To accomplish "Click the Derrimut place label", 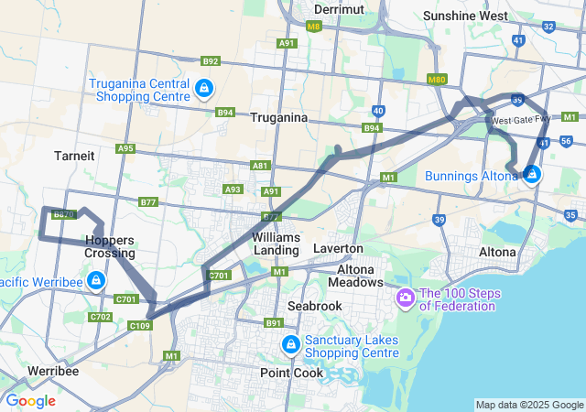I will pyautogui.click(x=340, y=8).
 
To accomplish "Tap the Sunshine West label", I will pyautogui.click(x=466, y=16).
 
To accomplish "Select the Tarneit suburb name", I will pyautogui.click(x=74, y=156).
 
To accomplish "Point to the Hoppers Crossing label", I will pyautogui.click(x=110, y=246).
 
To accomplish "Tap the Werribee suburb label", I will pyautogui.click(x=52, y=371).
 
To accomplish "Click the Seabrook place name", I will pyautogui.click(x=314, y=305).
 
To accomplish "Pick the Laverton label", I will pyautogui.click(x=338, y=248).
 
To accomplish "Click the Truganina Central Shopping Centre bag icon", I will pyautogui.click(x=204, y=90).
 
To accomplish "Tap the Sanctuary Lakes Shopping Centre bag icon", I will pyautogui.click(x=290, y=344).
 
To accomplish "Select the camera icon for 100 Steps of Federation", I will pyautogui.click(x=405, y=298).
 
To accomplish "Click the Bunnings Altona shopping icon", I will pyautogui.click(x=532, y=174).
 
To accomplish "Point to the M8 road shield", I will pyautogui.click(x=314, y=27).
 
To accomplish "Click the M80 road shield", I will pyautogui.click(x=437, y=81).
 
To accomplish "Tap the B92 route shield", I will pyautogui.click(x=212, y=61).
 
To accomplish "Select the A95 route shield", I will pyautogui.click(x=125, y=148).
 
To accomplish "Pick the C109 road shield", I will pyautogui.click(x=139, y=326).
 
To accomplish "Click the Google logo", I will pyautogui.click(x=30, y=401).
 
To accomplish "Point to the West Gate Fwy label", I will pyautogui.click(x=520, y=120).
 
